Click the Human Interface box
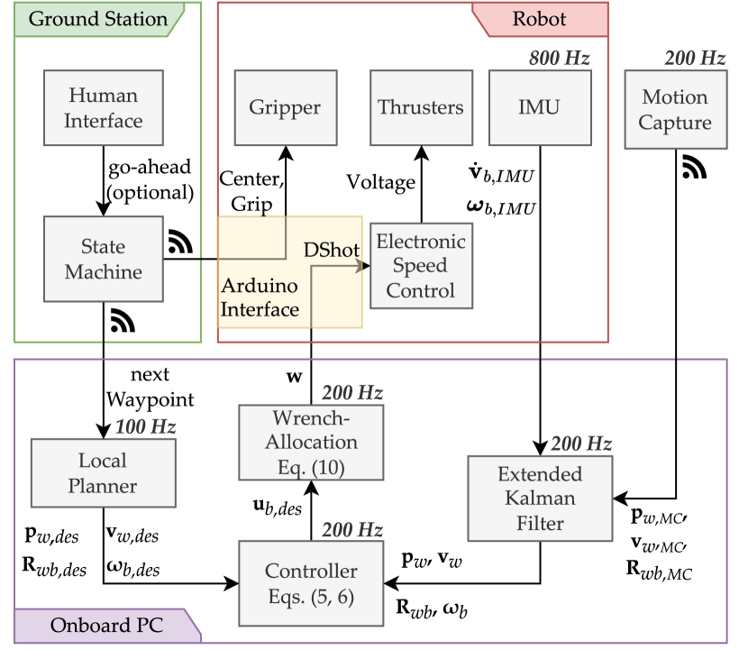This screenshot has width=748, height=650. pyautogui.click(x=104, y=108)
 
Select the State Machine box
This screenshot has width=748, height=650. pyautogui.click(x=104, y=260)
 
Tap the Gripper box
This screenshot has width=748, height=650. pyautogui.click(x=285, y=108)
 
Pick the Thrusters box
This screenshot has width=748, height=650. pyautogui.click(x=421, y=108)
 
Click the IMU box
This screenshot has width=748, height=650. pyautogui.click(x=540, y=108)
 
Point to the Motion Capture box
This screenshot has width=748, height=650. pyautogui.click(x=675, y=111)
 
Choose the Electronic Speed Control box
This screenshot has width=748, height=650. pyautogui.click(x=421, y=266)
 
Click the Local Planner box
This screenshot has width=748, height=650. pyautogui.click(x=103, y=473)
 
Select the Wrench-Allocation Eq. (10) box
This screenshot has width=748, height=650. pyautogui.click(x=311, y=443)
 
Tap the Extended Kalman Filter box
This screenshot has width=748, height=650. pyautogui.click(x=540, y=499)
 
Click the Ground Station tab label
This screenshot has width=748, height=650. pyautogui.click(x=98, y=19)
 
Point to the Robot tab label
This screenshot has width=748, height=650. pyautogui.click(x=539, y=19)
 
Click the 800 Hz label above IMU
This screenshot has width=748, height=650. pyautogui.click(x=560, y=59)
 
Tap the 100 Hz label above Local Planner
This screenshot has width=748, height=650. pyautogui.click(x=145, y=426)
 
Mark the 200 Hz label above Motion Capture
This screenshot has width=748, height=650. pyautogui.click(x=695, y=59)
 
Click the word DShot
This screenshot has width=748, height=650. pyautogui.click(x=332, y=251)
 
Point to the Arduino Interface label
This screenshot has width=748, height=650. pyautogui.click(x=260, y=298)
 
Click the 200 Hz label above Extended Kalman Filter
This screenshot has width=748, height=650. pyautogui.click(x=581, y=444)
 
